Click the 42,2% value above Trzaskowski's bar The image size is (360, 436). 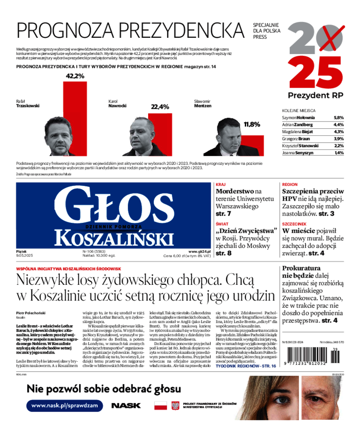75,76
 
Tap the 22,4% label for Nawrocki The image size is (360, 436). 160,107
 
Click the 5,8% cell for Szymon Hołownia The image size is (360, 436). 338,117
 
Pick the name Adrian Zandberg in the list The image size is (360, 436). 298,125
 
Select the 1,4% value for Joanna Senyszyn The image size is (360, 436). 339,153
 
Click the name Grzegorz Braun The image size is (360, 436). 297,139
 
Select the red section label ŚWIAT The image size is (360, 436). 222,224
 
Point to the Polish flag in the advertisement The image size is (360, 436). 161,406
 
